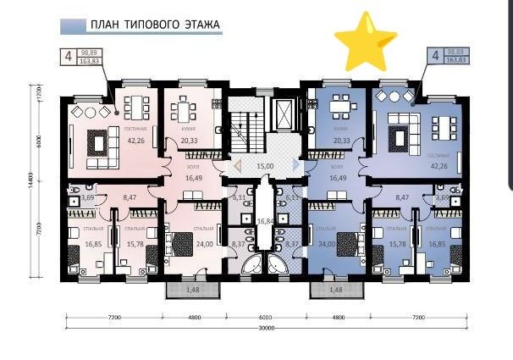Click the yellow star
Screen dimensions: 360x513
[366, 41]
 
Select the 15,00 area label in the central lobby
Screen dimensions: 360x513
[265, 167]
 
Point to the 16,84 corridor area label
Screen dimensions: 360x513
[265, 221]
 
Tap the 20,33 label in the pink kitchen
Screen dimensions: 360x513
[189, 141]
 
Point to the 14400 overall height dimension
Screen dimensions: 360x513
[32, 188]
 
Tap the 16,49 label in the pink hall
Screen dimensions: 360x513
[196, 180]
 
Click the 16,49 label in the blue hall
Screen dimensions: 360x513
[336, 180]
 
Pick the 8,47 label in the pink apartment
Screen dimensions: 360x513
[130, 197]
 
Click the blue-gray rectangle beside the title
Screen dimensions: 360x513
[71, 26]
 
